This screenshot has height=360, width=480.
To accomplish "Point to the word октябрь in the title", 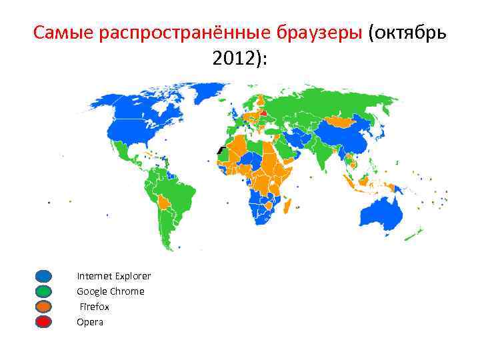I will pyautogui.click(x=410, y=32).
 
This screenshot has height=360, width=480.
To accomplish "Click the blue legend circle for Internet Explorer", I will pyautogui.click(x=43, y=276).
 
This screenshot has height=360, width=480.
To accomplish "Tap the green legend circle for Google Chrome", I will pyautogui.click(x=43, y=291).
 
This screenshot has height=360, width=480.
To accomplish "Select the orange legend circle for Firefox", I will pyautogui.click(x=43, y=307).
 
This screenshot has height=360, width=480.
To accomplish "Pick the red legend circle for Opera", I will pyautogui.click(x=43, y=322).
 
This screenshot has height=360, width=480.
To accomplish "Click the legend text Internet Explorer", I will pyautogui.click(x=113, y=276).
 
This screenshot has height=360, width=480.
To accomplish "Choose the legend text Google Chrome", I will pyautogui.click(x=110, y=291).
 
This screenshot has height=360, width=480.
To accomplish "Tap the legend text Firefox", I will pyautogui.click(x=95, y=307).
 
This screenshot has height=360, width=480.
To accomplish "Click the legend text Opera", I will pyautogui.click(x=90, y=322).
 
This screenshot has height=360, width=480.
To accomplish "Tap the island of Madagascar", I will pyautogui.click(x=289, y=204).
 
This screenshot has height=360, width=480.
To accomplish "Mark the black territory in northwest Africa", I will pyautogui.click(x=220, y=152).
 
